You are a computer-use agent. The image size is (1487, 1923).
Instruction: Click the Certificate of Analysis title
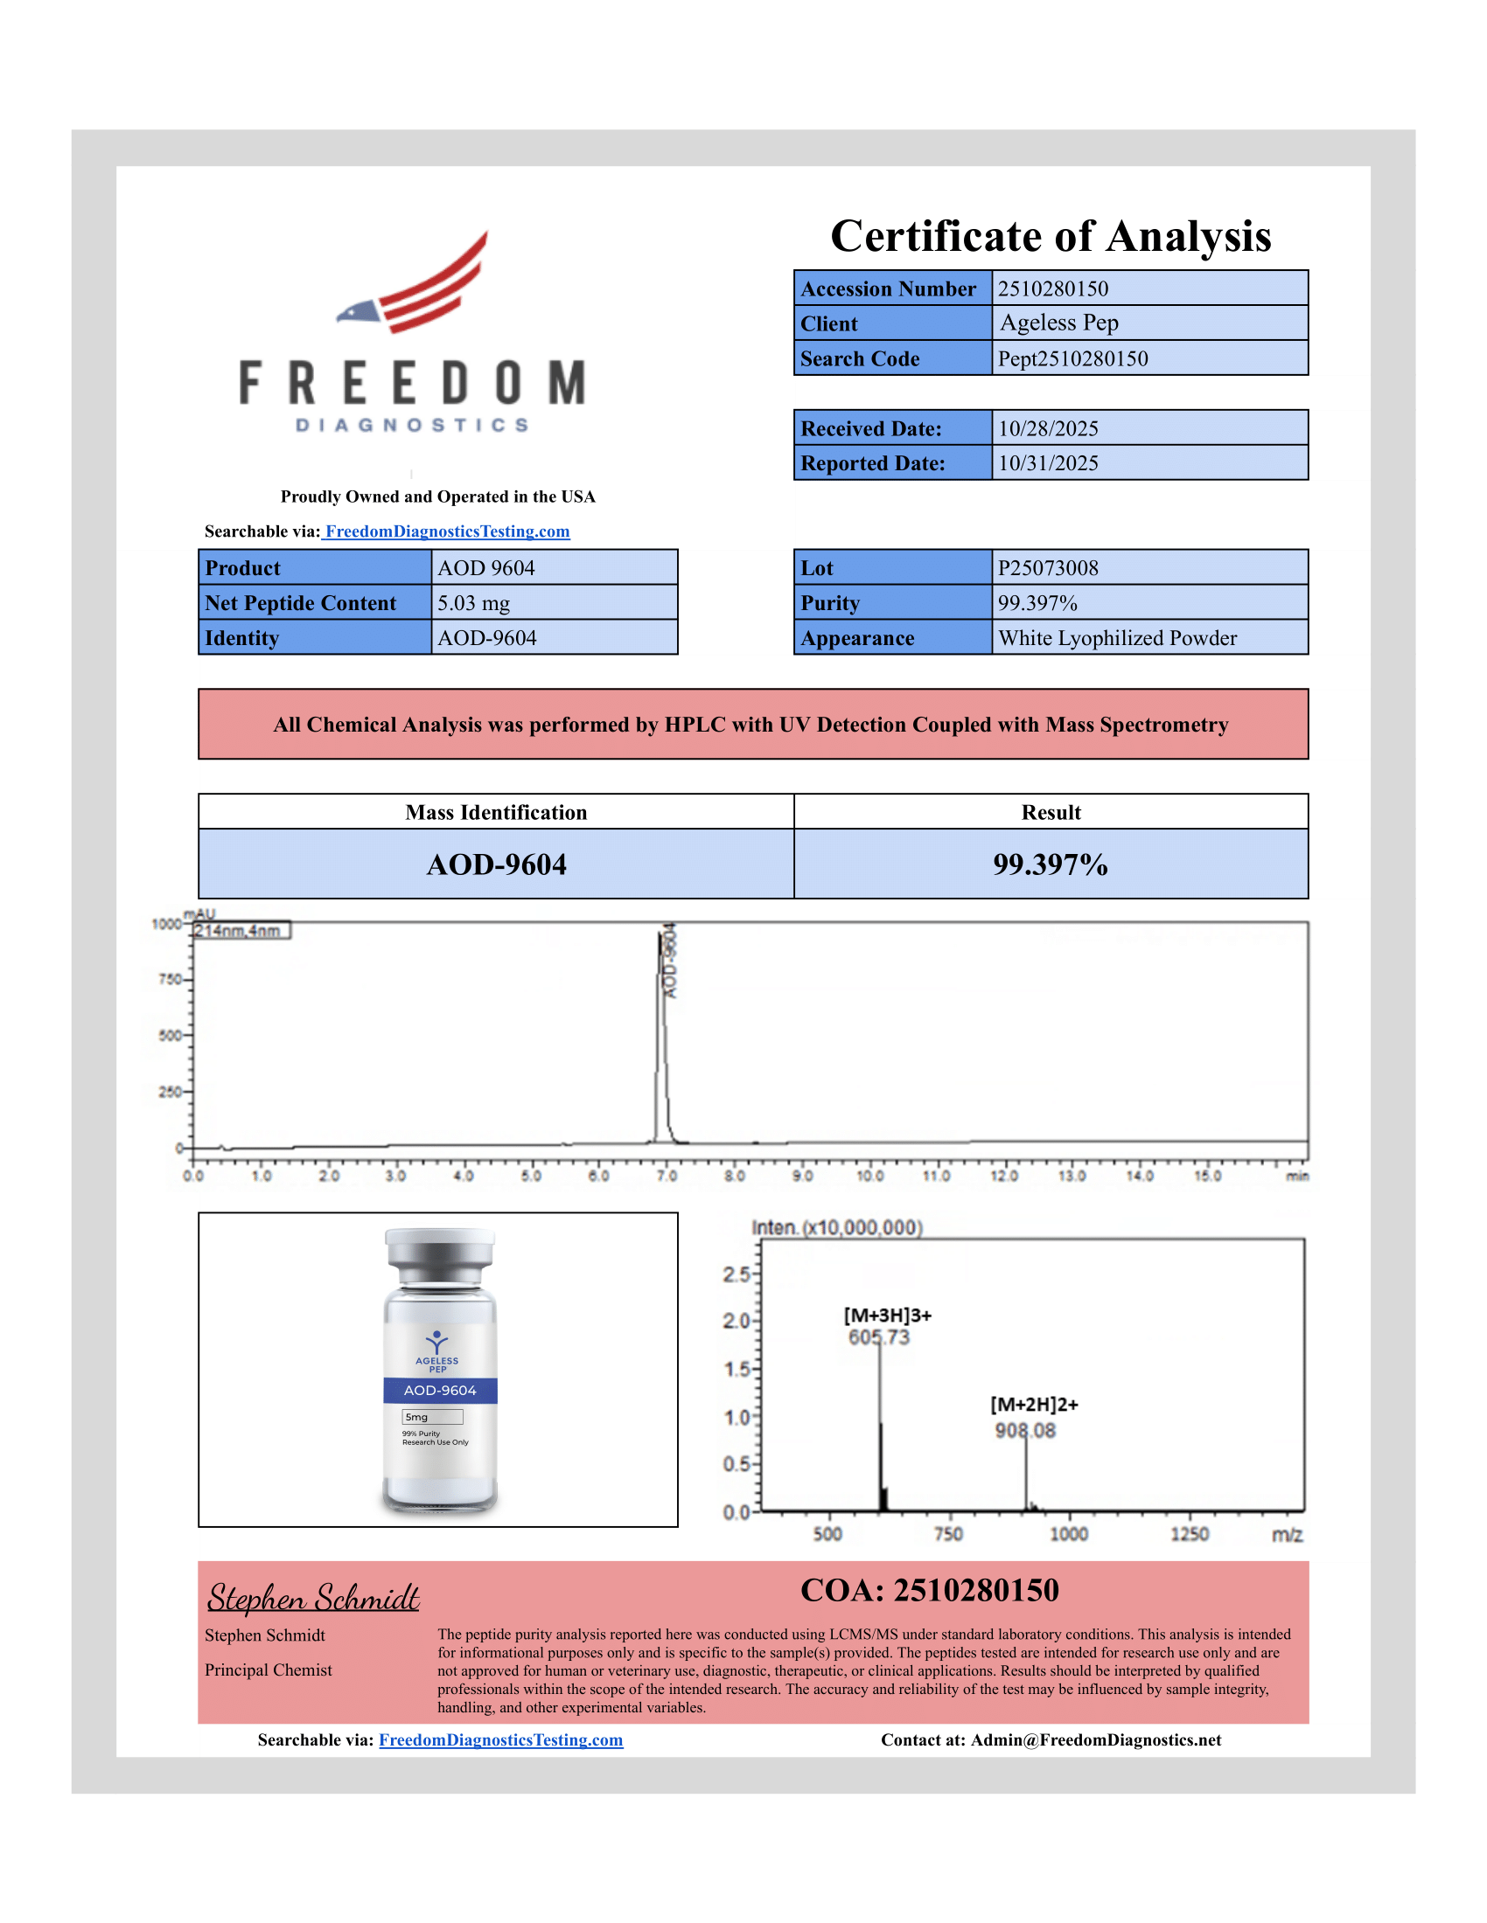point(1050,236)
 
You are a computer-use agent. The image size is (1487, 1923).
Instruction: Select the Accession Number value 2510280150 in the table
point(1052,288)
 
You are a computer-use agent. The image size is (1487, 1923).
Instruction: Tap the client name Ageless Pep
point(1059,323)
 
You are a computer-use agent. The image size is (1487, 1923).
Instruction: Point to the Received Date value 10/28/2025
point(1047,429)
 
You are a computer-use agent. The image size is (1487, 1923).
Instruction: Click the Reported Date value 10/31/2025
point(1047,463)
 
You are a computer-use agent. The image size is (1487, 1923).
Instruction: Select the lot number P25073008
point(1047,568)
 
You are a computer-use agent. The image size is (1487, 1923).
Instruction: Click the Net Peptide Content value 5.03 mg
point(473,603)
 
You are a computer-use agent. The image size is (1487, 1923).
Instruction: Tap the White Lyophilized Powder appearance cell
point(1117,638)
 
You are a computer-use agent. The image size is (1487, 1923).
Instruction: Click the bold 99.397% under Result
point(1050,864)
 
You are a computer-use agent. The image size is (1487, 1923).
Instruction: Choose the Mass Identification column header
point(496,813)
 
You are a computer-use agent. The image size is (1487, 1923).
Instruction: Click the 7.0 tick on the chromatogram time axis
point(667,1177)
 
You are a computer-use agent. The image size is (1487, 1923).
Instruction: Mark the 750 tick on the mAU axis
point(170,979)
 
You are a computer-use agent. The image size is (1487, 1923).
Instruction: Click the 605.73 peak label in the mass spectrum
point(878,1337)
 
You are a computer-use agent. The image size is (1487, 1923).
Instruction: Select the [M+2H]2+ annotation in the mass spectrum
point(1033,1405)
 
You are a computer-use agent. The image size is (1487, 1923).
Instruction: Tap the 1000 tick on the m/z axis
point(1069,1535)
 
